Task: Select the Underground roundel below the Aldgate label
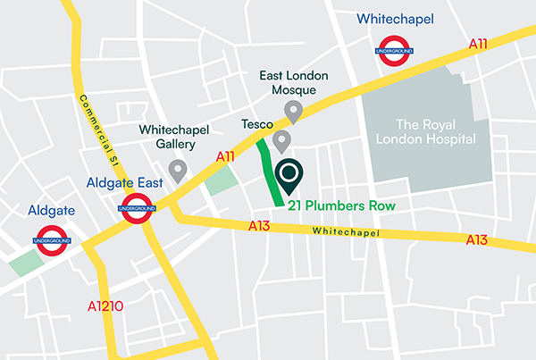tap(53, 240)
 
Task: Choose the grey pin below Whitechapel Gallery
tap(179, 170)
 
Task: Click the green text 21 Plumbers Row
tap(340, 205)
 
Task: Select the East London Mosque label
tap(292, 84)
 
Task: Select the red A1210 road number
tap(105, 306)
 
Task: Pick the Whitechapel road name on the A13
tap(346, 232)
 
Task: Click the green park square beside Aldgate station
tap(24, 263)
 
